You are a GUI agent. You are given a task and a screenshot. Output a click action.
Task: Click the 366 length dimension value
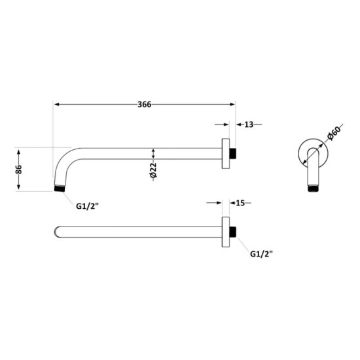click(x=145, y=103)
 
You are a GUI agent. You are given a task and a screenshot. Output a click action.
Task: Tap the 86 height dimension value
click(x=20, y=169)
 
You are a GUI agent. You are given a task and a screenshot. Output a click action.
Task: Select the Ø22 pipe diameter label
click(x=153, y=170)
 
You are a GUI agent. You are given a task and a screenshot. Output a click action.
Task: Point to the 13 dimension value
click(x=250, y=124)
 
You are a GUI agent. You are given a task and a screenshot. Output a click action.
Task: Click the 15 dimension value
click(x=240, y=203)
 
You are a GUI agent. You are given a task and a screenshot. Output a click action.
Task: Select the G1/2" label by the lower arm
click(x=262, y=255)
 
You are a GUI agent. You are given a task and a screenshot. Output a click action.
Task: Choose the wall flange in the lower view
click(x=226, y=231)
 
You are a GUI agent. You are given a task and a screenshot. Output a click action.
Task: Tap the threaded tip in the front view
click(x=314, y=190)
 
